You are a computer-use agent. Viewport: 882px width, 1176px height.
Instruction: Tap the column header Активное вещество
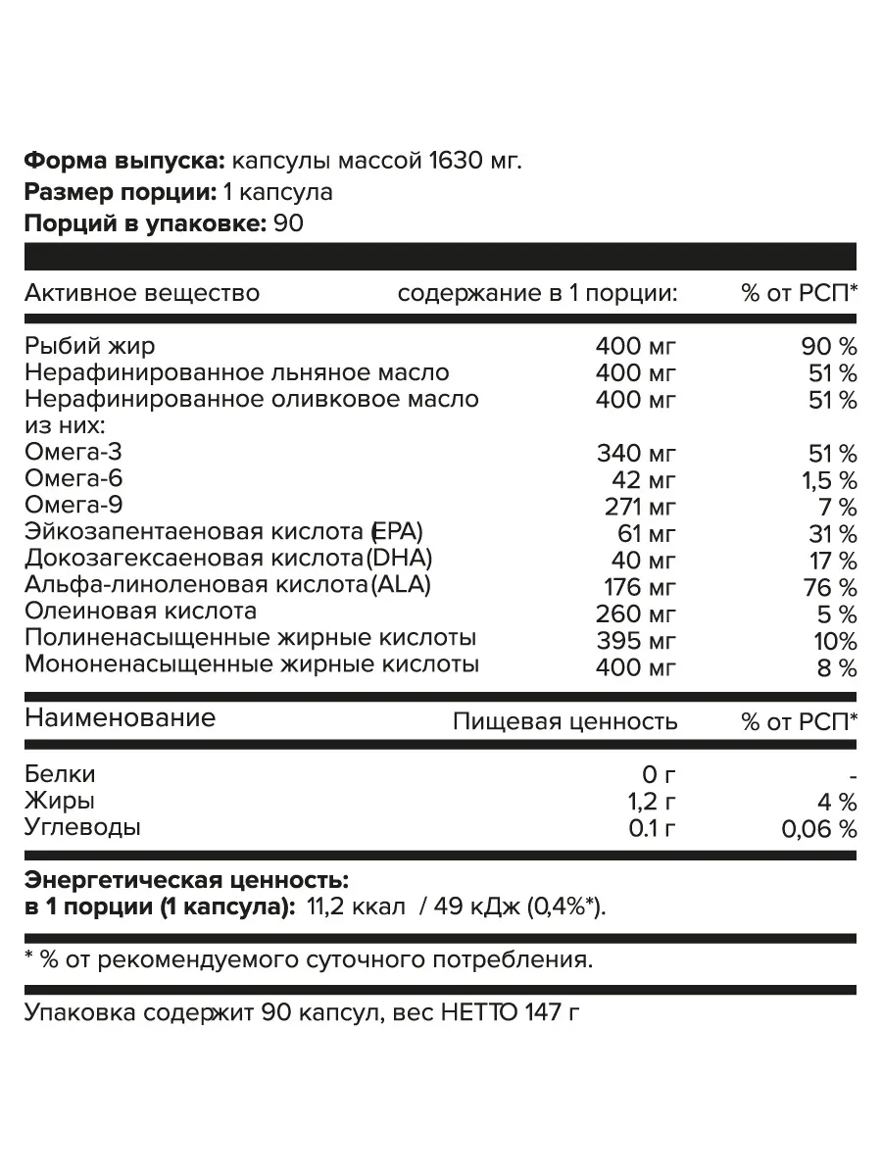tap(142, 293)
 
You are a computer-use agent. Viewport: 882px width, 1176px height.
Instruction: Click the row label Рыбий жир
tap(89, 346)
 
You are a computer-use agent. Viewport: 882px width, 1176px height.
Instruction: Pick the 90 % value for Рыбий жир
tap(829, 346)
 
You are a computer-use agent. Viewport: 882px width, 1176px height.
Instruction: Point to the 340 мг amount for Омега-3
tap(636, 454)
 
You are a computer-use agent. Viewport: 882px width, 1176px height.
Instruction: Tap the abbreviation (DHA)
tap(398, 560)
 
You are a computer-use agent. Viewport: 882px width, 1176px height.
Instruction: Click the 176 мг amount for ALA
tap(636, 587)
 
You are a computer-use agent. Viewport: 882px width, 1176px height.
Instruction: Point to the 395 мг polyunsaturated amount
tap(636, 640)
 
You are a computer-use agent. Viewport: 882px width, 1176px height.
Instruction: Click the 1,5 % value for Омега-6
tap(829, 480)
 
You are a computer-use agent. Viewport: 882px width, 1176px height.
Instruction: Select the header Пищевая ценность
tap(564, 722)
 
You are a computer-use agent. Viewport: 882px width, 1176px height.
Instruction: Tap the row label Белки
tap(60, 774)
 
